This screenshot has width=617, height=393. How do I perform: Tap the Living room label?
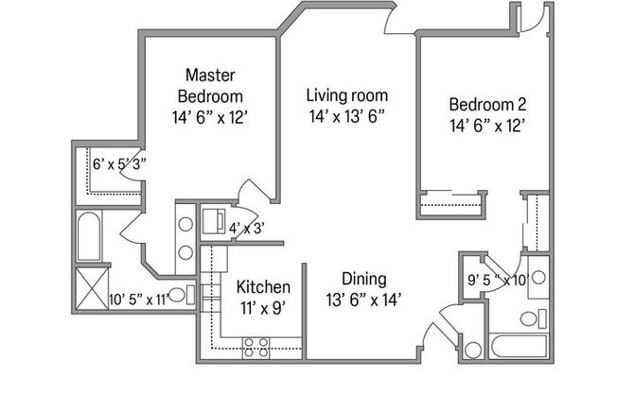[x=347, y=95]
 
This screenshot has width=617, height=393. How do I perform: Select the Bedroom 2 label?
[x=486, y=104]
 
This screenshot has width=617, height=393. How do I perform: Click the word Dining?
[x=363, y=279]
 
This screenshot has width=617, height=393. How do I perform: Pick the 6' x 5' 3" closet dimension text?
[x=118, y=162]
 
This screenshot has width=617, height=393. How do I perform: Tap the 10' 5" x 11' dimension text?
[x=138, y=299]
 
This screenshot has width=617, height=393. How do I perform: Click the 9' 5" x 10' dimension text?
[x=498, y=280]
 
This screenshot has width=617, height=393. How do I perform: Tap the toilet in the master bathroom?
[x=188, y=295]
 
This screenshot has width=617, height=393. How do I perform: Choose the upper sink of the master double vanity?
[x=185, y=225]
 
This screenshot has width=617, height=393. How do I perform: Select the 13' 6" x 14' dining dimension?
[x=363, y=299]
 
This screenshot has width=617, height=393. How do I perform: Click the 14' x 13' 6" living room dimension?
[x=347, y=116]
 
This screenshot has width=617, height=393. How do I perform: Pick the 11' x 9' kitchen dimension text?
[x=263, y=307]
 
